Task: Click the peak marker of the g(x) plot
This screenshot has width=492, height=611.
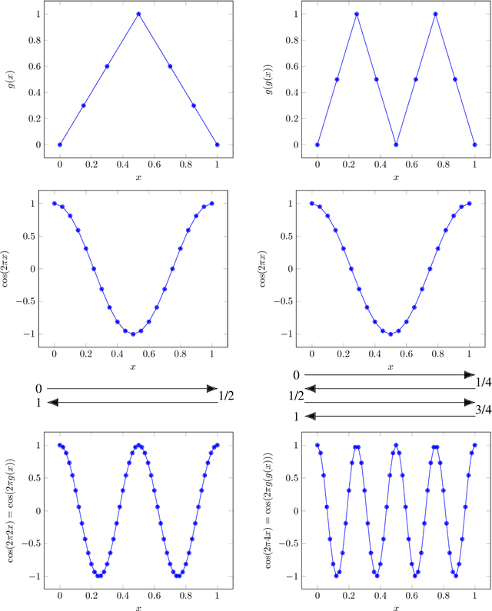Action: tap(138, 14)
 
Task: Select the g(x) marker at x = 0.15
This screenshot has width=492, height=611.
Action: tap(84, 105)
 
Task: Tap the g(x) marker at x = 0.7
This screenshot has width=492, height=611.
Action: tap(170, 66)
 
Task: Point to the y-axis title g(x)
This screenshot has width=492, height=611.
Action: tap(12, 79)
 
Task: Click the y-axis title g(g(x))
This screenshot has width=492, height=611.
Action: tap(269, 79)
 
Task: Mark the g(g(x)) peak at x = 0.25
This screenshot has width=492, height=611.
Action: tap(357, 14)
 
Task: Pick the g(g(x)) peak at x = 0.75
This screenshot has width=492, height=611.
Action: tap(435, 14)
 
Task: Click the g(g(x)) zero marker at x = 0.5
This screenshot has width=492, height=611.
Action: tap(396, 144)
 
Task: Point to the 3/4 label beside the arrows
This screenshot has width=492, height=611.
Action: tap(484, 410)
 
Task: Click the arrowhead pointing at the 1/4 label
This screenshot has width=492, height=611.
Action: tap(469, 374)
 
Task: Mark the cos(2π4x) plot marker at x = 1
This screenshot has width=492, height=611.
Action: tap(474, 445)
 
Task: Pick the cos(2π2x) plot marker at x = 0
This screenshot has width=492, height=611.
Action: tap(60, 445)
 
